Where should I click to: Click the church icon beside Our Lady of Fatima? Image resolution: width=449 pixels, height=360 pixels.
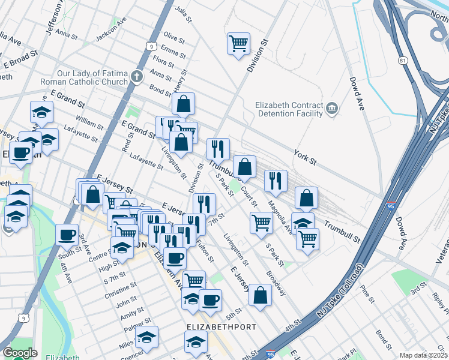point(137,77)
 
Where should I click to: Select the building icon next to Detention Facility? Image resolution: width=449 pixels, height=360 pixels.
point(332,109)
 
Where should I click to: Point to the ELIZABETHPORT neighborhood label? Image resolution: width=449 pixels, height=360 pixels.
point(221,327)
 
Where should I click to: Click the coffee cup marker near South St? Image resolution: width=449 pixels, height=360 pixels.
point(67,234)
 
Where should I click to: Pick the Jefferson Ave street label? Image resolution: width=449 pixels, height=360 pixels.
point(53,18)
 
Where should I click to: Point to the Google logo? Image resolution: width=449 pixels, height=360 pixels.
point(20,353)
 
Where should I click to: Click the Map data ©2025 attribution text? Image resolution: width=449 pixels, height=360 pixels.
point(423,355)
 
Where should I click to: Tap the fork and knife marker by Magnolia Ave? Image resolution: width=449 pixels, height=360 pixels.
point(276,180)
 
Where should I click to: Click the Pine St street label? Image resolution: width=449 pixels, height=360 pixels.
point(367,297)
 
